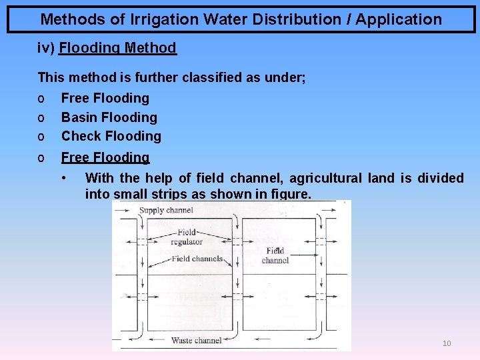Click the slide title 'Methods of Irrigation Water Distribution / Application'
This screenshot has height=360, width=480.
click(x=241, y=19)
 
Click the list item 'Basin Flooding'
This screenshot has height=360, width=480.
click(x=109, y=117)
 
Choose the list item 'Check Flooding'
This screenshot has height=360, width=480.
click(x=111, y=136)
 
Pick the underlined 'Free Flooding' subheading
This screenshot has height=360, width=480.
click(x=105, y=157)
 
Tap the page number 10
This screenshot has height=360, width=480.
click(x=447, y=343)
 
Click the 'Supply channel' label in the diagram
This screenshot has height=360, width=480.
click(x=166, y=211)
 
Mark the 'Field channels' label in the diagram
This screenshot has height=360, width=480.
click(x=197, y=259)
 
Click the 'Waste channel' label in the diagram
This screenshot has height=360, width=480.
click(x=196, y=340)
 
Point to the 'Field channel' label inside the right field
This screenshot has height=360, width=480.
click(x=275, y=255)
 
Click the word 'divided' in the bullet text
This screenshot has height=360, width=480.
click(x=440, y=178)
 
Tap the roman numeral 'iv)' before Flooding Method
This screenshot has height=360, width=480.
click(x=46, y=48)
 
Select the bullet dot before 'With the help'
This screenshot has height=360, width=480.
click(x=63, y=177)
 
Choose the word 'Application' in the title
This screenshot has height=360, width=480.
click(x=398, y=19)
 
